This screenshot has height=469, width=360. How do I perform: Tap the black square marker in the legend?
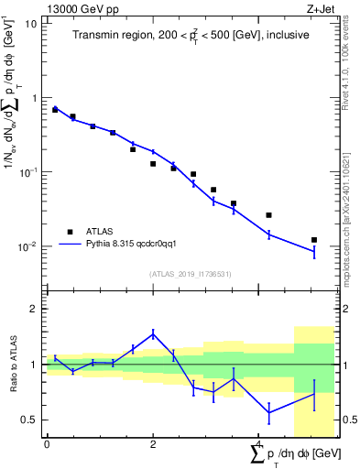click(70, 232)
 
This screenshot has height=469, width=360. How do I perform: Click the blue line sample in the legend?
click(70, 245)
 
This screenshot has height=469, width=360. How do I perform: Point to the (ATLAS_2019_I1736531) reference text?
click(191, 273)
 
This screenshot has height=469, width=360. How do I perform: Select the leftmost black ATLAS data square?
click(55, 109)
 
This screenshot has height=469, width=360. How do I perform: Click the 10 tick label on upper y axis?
click(32, 23)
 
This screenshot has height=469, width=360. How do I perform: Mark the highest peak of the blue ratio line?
click(153, 333)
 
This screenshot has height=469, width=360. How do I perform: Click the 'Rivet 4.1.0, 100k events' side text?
click(349, 74)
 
